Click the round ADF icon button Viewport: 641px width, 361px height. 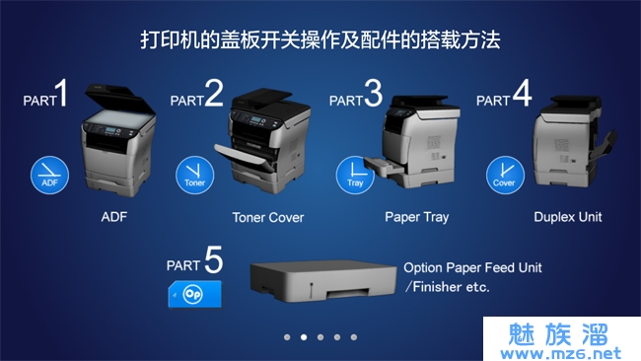(49, 175)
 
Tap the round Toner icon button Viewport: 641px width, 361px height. (194, 175)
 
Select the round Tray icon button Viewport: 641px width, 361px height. (355, 175)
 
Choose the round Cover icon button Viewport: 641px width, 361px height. (505, 175)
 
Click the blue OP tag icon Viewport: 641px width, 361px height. (195, 294)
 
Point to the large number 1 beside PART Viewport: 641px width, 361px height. (62, 94)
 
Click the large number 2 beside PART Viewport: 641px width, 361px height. (214, 94)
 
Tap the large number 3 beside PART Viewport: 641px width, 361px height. (373, 94)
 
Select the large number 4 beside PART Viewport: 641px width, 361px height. (522, 94)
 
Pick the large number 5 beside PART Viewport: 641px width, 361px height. (213, 259)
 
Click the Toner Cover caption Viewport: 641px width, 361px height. (268, 218)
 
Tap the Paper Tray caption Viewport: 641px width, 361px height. (416, 218)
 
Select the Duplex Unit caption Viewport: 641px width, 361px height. (568, 217)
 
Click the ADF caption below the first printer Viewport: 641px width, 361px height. (114, 217)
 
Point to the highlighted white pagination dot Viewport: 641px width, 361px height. (304, 337)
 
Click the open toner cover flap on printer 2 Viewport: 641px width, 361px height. (244, 158)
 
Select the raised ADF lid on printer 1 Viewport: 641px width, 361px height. (120, 100)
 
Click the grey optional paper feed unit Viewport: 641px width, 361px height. (322, 281)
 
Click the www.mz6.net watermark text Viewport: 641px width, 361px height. (560, 352)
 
